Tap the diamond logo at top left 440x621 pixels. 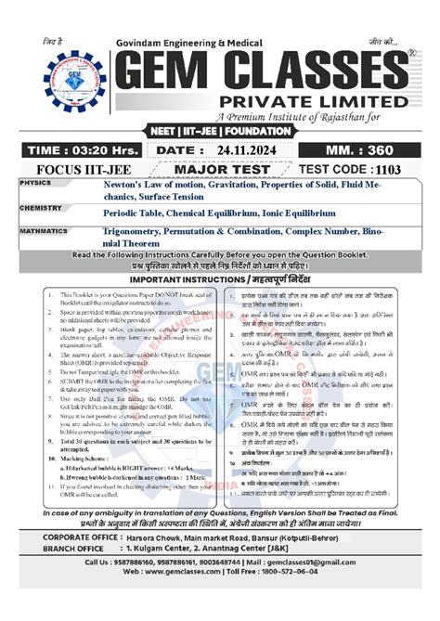pos(58,79)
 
